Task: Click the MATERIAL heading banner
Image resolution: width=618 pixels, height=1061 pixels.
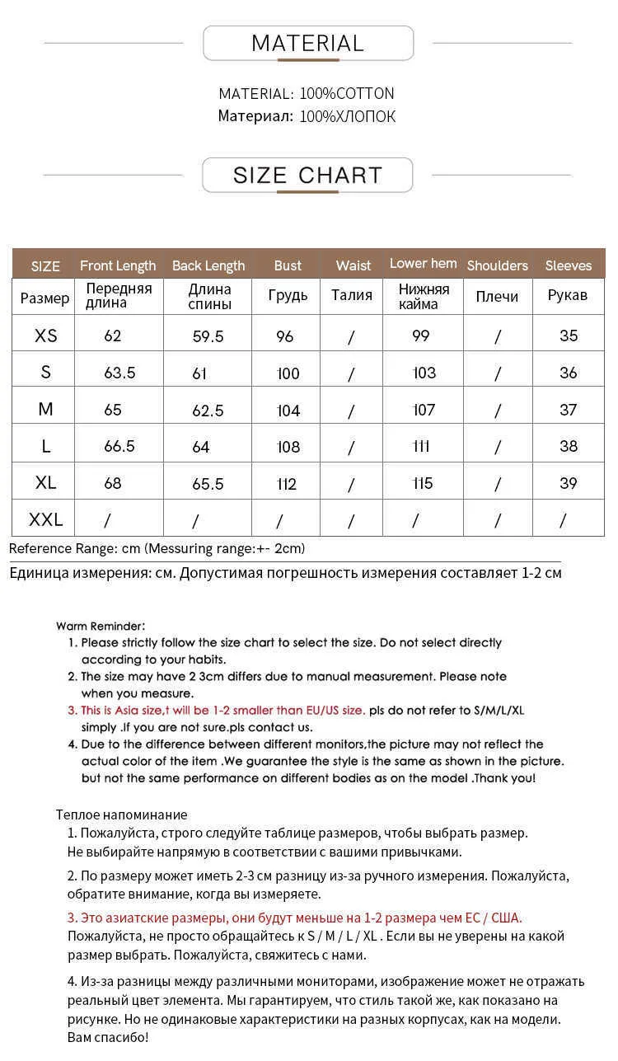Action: (307, 44)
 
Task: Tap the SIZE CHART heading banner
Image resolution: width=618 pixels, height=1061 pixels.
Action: (307, 176)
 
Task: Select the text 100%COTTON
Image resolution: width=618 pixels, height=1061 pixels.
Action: (347, 94)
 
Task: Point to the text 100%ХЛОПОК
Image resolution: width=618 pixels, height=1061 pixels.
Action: (347, 117)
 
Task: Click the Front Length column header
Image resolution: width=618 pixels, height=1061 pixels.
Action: (118, 265)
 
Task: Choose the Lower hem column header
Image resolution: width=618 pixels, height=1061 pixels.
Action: (423, 264)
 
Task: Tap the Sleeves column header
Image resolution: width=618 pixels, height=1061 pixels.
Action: (568, 265)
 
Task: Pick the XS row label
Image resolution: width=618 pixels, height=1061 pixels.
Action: (46, 336)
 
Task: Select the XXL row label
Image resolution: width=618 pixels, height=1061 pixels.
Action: (46, 519)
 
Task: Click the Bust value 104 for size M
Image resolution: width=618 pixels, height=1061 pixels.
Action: (288, 411)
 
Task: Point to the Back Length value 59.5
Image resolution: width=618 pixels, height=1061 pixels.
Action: (208, 336)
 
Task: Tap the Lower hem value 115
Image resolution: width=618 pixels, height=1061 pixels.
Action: (424, 483)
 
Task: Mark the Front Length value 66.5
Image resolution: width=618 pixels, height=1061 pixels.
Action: (119, 446)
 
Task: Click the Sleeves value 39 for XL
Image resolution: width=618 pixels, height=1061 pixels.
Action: (568, 483)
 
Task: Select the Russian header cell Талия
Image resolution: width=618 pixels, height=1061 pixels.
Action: (352, 295)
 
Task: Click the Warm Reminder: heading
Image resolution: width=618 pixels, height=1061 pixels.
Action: (101, 627)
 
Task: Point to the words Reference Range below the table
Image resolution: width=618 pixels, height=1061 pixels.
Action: (51, 549)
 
